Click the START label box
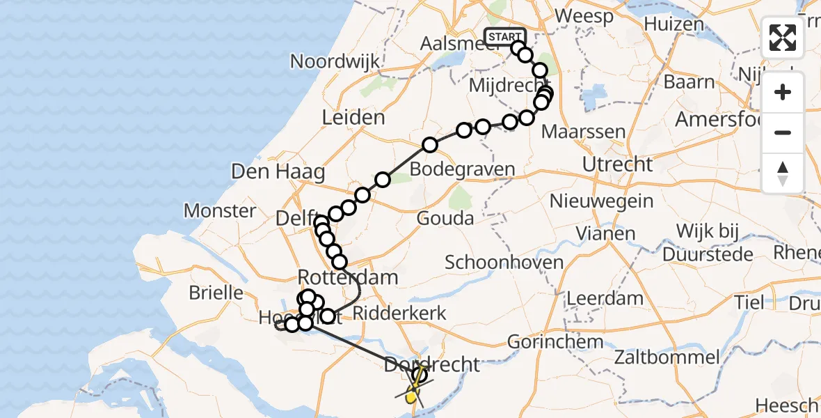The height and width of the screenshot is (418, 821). pyautogui.click(x=504, y=37)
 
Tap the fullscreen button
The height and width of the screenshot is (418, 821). pyautogui.click(x=783, y=38)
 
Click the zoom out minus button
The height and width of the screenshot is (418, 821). pyautogui.click(x=783, y=132)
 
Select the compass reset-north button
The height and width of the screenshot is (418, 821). pyautogui.click(x=783, y=173)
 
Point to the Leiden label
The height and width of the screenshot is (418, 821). pyautogui.click(x=353, y=118)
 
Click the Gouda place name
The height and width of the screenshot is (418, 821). pyautogui.click(x=445, y=219)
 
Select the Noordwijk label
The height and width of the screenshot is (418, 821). pyautogui.click(x=335, y=61)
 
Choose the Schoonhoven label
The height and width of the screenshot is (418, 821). pyautogui.click(x=504, y=263)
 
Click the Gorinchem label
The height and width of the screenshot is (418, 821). pyautogui.click(x=555, y=342)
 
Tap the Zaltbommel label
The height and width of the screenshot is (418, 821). pyautogui.click(x=667, y=358)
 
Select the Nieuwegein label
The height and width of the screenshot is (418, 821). pyautogui.click(x=601, y=202)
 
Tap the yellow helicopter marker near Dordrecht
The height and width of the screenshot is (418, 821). pyautogui.click(x=412, y=396)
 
